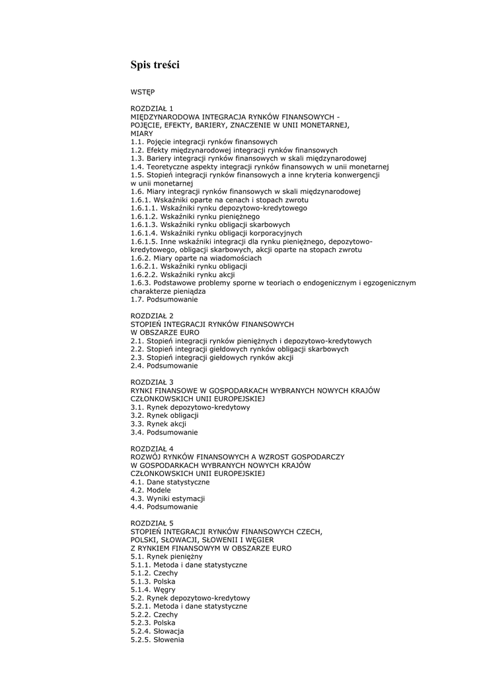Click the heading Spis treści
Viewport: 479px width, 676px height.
pos(155,65)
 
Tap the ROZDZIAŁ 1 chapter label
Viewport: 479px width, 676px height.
pos(152,108)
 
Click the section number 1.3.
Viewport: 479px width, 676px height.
pos(137,158)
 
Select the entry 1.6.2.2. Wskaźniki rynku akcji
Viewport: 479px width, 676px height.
pos(182,275)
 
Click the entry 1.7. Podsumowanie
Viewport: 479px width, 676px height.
pos(164,299)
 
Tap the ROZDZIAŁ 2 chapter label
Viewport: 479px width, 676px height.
pos(152,316)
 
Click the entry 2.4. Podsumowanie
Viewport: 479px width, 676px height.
pos(164,366)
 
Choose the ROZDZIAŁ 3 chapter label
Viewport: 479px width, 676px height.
pos(152,382)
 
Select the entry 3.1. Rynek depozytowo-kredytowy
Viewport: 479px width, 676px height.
pos(190,407)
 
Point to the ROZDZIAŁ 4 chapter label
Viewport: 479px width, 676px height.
pos(152,449)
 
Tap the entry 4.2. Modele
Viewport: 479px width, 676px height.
pos(150,490)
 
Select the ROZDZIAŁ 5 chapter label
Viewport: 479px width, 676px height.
pos(152,524)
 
